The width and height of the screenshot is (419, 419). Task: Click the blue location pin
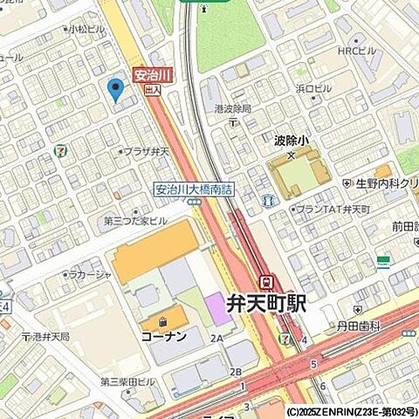(114, 88)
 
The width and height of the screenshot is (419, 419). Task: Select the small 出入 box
(152, 89)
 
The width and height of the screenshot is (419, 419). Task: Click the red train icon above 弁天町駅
(268, 281)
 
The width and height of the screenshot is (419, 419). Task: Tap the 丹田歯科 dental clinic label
(361, 326)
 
